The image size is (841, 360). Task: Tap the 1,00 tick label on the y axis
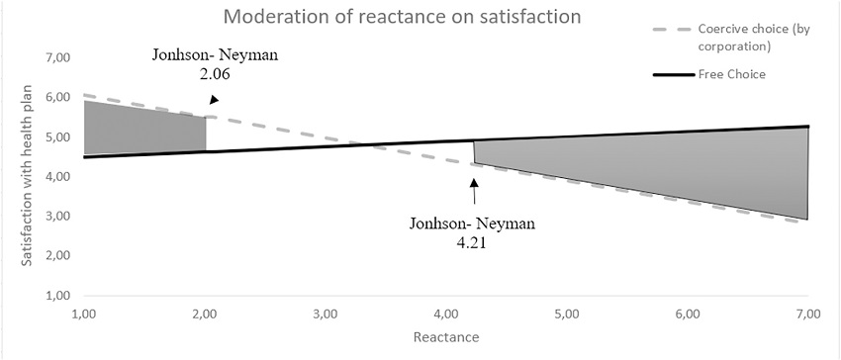[x=58, y=296]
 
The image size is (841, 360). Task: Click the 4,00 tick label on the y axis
[x=58, y=177]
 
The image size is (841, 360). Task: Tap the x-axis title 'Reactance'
[x=446, y=337]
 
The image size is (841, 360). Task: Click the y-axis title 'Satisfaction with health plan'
[x=29, y=176]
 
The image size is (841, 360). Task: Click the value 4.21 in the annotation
[x=472, y=240]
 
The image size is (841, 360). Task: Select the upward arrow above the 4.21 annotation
[x=473, y=193]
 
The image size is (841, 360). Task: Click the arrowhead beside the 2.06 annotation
[x=215, y=99]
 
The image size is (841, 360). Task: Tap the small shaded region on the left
[x=143, y=127]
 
